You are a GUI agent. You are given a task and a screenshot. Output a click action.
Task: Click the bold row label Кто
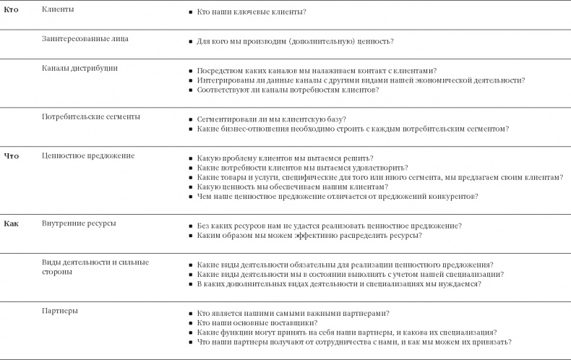pos(12,9)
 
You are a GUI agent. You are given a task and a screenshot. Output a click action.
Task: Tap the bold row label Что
pos(12,155)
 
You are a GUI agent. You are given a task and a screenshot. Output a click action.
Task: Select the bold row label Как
pos(12,223)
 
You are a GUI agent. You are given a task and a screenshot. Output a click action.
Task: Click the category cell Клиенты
pos(58,9)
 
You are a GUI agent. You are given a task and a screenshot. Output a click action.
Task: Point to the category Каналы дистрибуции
pos(80,68)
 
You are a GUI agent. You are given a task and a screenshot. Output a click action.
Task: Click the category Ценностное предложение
pos(88,155)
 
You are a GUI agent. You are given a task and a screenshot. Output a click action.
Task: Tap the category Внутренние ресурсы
pos(79,223)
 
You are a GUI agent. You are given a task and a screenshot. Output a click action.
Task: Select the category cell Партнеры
pos(61,311)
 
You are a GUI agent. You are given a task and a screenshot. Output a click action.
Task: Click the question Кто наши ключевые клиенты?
pos(251,12)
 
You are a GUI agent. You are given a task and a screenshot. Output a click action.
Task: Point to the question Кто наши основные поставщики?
pos(257,322)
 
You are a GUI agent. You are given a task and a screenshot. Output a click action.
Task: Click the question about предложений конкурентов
pos(337,197)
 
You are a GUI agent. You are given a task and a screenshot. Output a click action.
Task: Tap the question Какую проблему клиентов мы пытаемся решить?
pos(285,158)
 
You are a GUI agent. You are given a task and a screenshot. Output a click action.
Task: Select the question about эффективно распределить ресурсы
pos(309,236)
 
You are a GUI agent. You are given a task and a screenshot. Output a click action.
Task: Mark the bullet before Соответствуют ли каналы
pos(190,91)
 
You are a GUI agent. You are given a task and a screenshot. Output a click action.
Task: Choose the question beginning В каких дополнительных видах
pos(339,284)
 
